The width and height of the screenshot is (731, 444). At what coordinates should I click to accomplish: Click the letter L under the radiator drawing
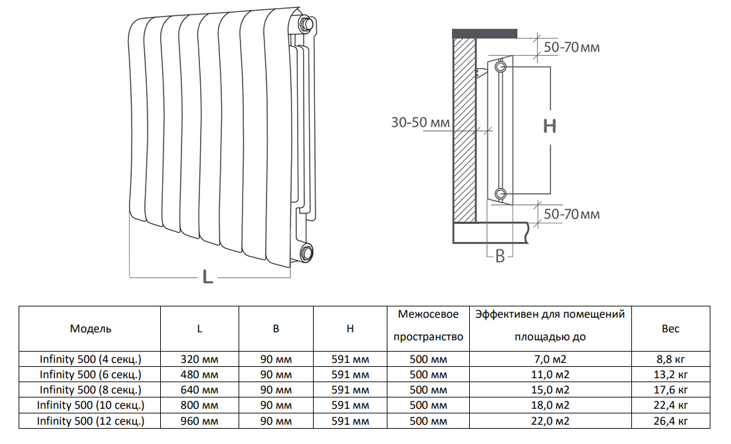[208, 277]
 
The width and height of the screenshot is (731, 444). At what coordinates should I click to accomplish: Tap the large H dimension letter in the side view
[550, 126]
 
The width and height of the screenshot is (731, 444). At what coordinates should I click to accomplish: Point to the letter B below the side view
[500, 256]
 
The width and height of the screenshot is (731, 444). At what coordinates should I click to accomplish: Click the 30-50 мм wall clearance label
[421, 123]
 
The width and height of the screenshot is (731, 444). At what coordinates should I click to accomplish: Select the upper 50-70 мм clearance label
[572, 47]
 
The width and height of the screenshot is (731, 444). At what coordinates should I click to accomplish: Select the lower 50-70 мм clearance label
[572, 214]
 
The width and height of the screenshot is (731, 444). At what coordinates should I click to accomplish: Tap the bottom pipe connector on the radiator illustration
[306, 253]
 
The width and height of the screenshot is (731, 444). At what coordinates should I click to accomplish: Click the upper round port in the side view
[500, 67]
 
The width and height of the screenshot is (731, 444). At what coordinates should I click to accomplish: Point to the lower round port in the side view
[500, 193]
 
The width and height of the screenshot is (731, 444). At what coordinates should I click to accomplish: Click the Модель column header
[90, 329]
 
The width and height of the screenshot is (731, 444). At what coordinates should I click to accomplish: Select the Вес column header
[671, 329]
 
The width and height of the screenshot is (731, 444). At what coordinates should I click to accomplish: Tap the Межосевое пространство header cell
[429, 326]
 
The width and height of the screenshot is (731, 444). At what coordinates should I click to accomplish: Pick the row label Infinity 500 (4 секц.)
[90, 359]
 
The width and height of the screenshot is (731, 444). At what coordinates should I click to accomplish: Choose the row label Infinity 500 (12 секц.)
[90, 421]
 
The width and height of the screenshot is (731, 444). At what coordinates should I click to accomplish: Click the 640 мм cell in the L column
[199, 390]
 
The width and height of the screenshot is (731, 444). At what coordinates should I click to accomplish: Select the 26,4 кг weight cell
[671, 421]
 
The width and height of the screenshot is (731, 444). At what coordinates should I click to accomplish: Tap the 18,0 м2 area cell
[550, 405]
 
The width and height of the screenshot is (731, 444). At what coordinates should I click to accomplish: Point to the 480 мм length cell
[199, 374]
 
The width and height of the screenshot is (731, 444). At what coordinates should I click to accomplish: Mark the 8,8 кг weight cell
[671, 359]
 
